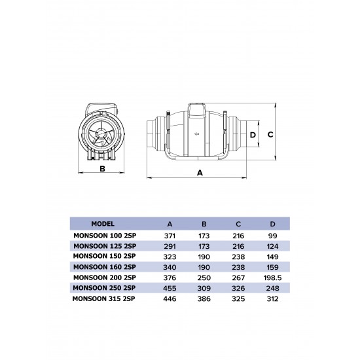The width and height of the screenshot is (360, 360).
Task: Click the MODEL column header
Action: pyautogui.click(x=103, y=223)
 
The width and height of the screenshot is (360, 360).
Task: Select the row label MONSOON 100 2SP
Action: pyautogui.click(x=104, y=234)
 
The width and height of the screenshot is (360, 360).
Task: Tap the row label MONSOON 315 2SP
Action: pyautogui.click(x=104, y=299)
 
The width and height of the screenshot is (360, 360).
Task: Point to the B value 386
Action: pyautogui.click(x=204, y=299)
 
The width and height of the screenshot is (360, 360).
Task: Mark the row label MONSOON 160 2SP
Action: pyautogui.click(x=104, y=266)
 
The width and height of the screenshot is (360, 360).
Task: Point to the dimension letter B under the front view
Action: pyautogui.click(x=102, y=169)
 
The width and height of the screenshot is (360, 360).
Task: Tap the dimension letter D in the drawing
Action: pyautogui.click(x=253, y=135)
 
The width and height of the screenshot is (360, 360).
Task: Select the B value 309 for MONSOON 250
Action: pyautogui.click(x=204, y=288)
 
